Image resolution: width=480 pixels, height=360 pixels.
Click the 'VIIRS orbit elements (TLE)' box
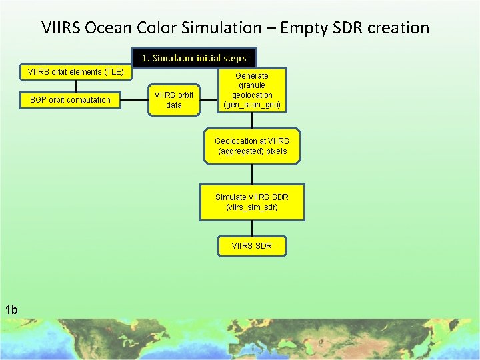75,72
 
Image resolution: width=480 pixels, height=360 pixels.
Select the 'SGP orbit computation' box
70,100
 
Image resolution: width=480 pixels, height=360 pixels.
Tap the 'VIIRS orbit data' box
173,100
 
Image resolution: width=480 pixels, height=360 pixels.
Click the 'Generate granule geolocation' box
252,90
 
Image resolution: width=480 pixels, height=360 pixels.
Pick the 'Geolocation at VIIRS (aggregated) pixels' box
252,146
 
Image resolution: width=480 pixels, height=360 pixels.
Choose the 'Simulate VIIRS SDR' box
252,202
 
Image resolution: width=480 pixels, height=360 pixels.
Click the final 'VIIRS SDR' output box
252,246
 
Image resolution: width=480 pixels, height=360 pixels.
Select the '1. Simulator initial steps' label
194,58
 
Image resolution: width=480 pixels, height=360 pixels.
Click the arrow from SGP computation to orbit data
133,100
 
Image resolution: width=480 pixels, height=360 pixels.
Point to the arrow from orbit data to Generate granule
209,100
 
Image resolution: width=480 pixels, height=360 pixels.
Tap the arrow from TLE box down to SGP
75,85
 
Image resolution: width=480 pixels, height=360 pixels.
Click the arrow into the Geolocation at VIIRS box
252,121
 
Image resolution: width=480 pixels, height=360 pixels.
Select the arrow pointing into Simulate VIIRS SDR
252,175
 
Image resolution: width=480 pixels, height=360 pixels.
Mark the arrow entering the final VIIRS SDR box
252,228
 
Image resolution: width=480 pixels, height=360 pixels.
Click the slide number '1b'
11,309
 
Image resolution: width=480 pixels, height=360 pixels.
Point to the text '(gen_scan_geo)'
252,105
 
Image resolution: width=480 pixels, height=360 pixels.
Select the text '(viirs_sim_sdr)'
252,207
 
